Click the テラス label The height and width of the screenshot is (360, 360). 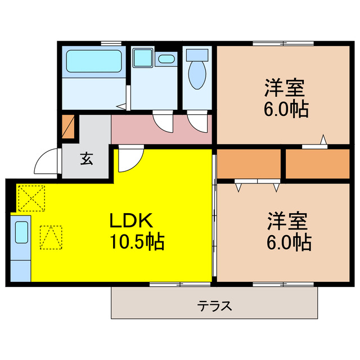[x=214, y=307]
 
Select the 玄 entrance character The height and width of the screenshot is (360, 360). [x=86, y=159]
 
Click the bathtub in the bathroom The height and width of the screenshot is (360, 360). [x=94, y=61]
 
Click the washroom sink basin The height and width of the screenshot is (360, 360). [x=166, y=58]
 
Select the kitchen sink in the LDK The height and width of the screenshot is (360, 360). [x=21, y=232]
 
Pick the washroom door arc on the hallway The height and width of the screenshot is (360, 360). [x=163, y=121]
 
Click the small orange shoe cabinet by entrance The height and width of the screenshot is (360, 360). [x=68, y=126]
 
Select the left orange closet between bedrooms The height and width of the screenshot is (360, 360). [x=248, y=163]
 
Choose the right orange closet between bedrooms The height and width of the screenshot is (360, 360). [x=317, y=163]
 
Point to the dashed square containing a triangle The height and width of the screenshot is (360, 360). [x=51, y=236]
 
